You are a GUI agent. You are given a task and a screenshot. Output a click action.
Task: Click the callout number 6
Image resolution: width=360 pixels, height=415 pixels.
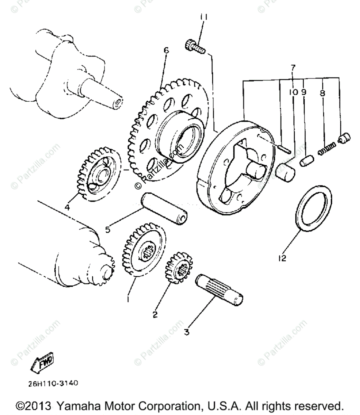pyautogui.click(x=166, y=50)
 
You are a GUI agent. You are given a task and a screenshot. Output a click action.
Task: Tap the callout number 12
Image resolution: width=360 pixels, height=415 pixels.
pyautogui.click(x=282, y=258)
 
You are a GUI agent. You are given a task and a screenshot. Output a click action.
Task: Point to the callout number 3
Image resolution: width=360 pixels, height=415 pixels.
pyautogui.click(x=186, y=332)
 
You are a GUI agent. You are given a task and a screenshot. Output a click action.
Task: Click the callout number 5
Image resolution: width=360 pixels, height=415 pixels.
pyautogui.click(x=108, y=229)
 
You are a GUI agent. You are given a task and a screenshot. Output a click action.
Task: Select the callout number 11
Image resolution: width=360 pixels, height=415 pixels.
pyautogui.click(x=203, y=17)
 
